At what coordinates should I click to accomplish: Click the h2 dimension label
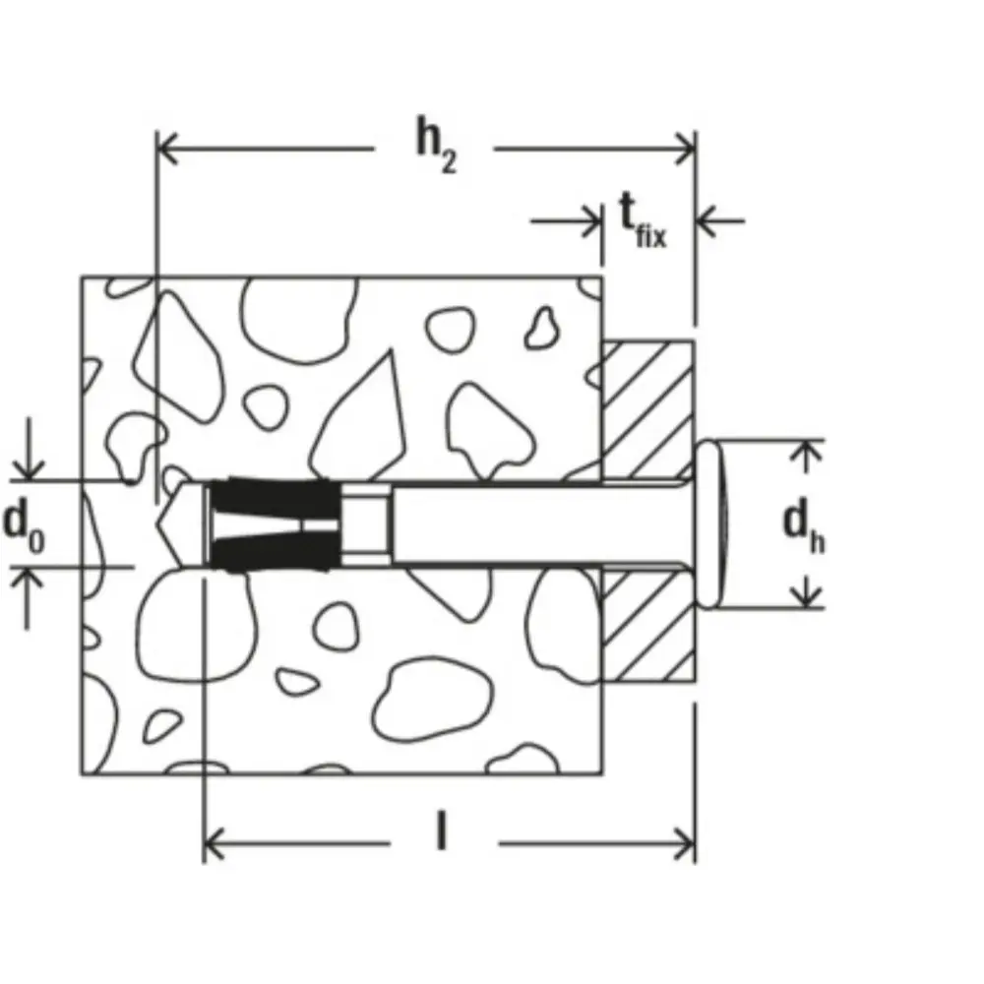pyautogui.click(x=437, y=146)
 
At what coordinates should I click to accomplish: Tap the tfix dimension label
pyautogui.click(x=643, y=220)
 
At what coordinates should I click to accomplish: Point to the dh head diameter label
pyautogui.click(x=803, y=528)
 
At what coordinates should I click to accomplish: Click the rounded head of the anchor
pyautogui.click(x=710, y=524)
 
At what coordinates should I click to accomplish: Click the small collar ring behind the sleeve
pyautogui.click(x=366, y=524)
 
